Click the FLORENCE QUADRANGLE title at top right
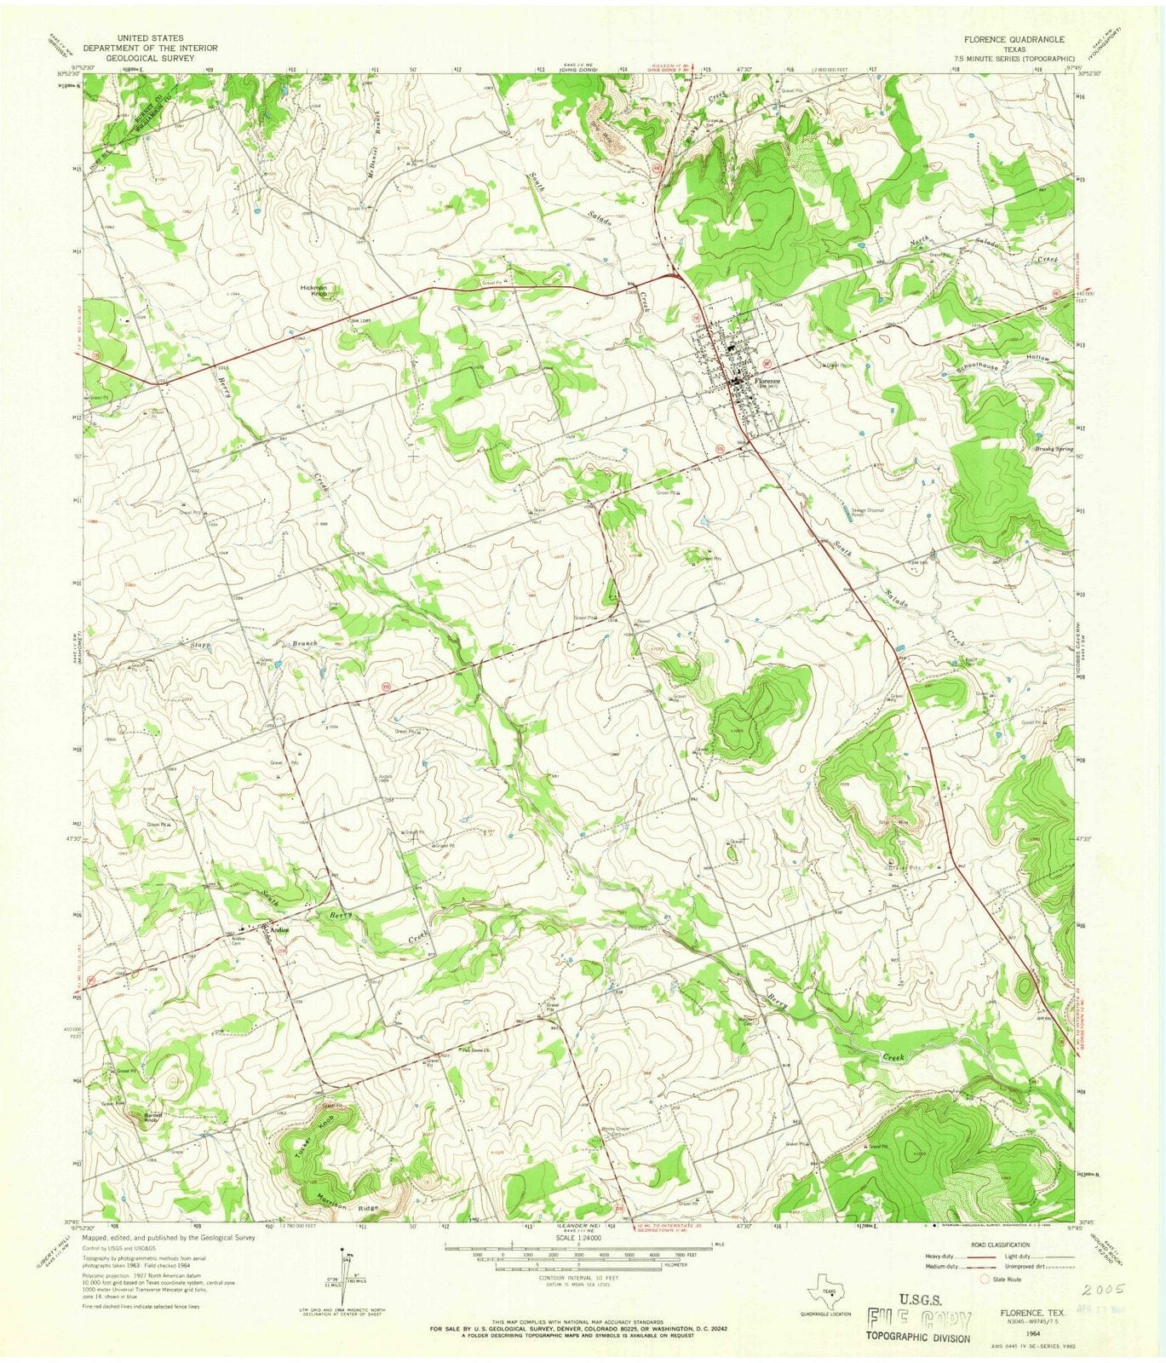coord(1019,39)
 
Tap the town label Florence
coord(766,381)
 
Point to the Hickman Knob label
coord(313,290)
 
